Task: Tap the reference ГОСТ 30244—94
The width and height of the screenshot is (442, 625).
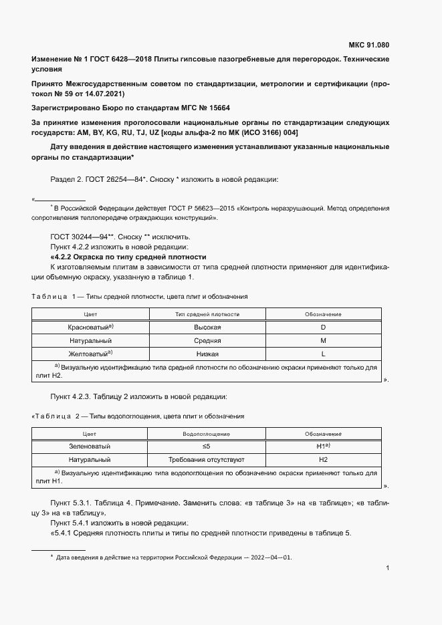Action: tap(74, 237)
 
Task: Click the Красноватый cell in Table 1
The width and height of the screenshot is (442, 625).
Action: tap(90, 328)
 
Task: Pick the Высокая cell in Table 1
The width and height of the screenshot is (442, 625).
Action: tap(207, 328)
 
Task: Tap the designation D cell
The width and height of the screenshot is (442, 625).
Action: tap(323, 328)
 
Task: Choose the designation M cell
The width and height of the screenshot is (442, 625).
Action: tap(323, 341)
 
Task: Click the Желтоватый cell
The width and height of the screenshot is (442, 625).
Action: tap(90, 354)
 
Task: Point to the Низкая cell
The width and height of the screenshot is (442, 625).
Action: tap(207, 354)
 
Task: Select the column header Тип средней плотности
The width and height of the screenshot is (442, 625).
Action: tap(207, 314)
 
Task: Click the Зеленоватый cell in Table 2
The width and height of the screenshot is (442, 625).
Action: tap(90, 446)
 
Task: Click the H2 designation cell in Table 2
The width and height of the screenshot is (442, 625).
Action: tap(323, 460)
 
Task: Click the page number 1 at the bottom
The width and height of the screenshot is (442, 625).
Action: tap(387, 568)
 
